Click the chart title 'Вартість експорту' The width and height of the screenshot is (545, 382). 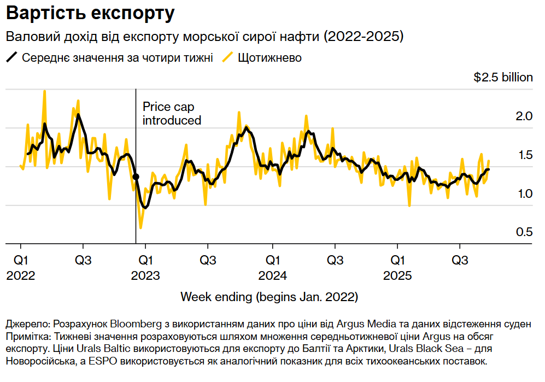pyautogui.click(x=91, y=14)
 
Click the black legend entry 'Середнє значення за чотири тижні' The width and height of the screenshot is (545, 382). pyautogui.click(x=117, y=58)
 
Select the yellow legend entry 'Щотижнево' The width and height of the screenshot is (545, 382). pyautogui.click(x=269, y=58)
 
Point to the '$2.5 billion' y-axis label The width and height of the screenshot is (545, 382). pyautogui.click(x=503, y=78)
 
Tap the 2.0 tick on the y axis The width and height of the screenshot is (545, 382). pyautogui.click(x=524, y=116)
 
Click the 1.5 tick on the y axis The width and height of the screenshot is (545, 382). pyautogui.click(x=524, y=155)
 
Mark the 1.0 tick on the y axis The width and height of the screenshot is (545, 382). pyautogui.click(x=524, y=193)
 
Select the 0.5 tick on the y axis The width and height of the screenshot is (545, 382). pyautogui.click(x=524, y=232)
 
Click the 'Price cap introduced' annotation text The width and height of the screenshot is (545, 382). pyautogui.click(x=172, y=114)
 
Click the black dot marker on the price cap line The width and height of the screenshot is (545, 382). pyautogui.click(x=136, y=177)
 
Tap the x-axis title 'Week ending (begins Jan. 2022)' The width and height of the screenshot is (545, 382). pyautogui.click(x=269, y=297)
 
